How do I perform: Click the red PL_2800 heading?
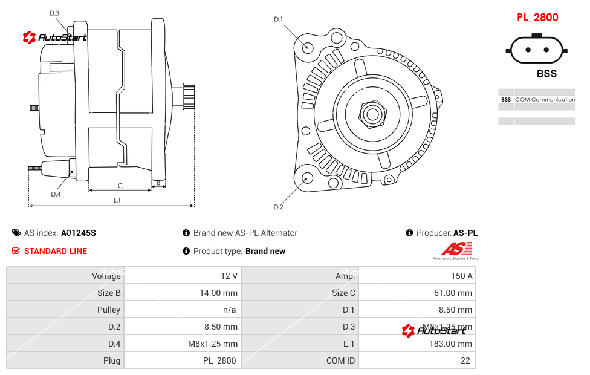point(537,18)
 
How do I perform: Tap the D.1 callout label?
point(278,19)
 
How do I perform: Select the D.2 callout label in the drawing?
point(278,207)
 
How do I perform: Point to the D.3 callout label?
point(54,13)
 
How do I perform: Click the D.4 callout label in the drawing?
point(56,194)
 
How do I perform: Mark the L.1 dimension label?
point(117,200)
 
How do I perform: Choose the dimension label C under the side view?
point(120,186)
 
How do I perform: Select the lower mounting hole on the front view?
point(306,178)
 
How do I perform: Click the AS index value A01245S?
point(79,233)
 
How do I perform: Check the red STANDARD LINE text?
point(56,251)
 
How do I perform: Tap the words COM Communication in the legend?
point(545,99)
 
